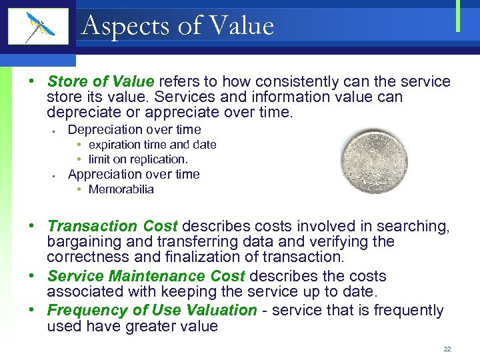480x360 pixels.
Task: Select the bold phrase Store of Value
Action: tap(101, 81)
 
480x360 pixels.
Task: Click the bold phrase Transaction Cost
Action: tap(113, 227)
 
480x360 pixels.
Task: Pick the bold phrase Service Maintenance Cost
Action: tap(146, 276)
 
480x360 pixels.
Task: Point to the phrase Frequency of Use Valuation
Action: tap(151, 311)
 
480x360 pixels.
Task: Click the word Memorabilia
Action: tap(121, 189)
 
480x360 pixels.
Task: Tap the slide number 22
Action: tap(447, 349)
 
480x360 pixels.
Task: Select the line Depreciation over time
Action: tap(134, 129)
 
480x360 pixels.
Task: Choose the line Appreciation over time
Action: tap(133, 175)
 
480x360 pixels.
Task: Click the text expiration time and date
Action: tap(152, 145)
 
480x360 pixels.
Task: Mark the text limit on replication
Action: tap(138, 159)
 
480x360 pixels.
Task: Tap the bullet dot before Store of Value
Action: tap(32, 81)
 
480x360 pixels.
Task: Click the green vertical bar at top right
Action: tap(458, 16)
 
